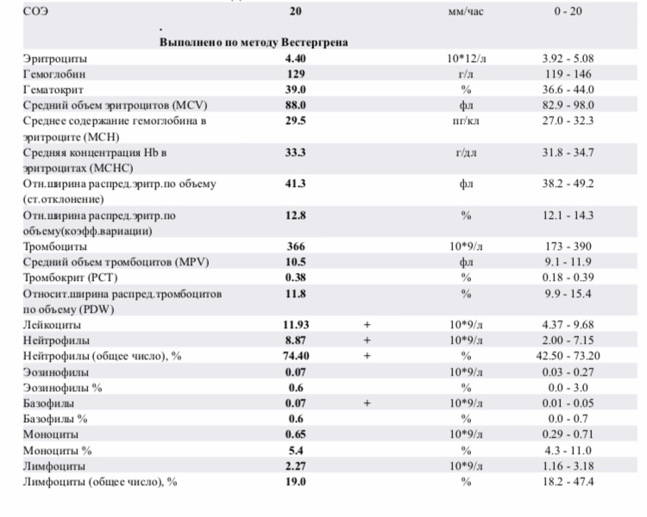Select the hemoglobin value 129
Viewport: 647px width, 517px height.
(296, 74)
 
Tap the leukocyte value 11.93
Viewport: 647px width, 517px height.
(296, 325)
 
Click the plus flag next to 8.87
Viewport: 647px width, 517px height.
(367, 340)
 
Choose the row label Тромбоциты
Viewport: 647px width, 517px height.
(56, 246)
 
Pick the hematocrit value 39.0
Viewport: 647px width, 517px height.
(296, 90)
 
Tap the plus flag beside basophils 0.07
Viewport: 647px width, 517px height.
(367, 402)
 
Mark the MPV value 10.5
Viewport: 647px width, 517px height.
(296, 262)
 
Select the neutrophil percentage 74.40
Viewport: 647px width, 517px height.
(296, 356)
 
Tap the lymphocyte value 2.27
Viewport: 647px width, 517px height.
(296, 465)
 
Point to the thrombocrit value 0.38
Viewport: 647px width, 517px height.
(296, 277)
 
